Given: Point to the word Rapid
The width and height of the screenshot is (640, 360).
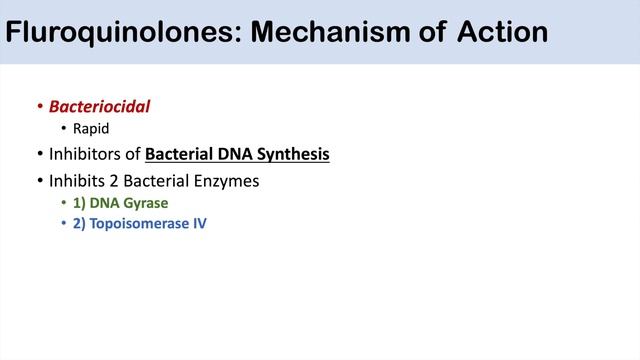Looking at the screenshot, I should point(91,129).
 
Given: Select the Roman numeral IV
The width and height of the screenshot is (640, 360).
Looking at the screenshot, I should point(198,224).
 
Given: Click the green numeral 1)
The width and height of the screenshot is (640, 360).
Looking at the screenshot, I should point(80,204).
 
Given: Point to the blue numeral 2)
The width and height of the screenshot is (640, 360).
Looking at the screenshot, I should point(80,224).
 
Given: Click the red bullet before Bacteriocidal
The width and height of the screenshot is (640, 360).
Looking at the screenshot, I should point(39,106).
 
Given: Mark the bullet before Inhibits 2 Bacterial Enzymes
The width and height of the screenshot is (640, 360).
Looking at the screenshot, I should point(39,181).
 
